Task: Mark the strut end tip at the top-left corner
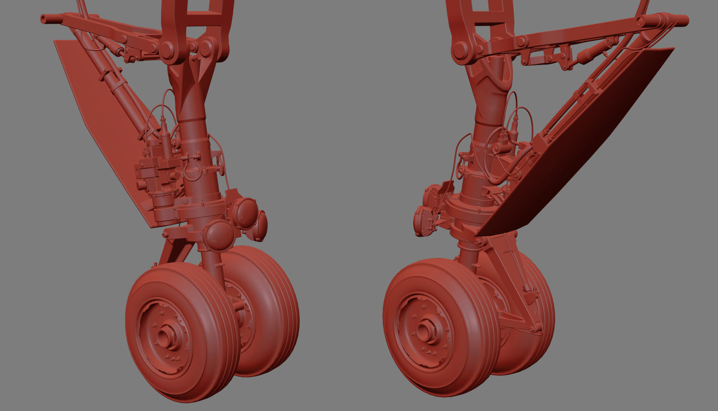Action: tap(44, 19)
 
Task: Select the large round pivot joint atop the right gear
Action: tap(460, 51)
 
